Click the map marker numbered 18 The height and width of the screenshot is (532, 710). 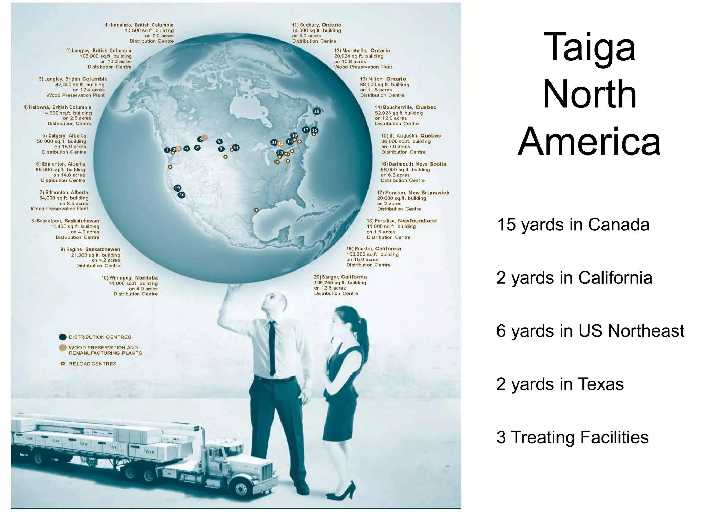coord(317,111)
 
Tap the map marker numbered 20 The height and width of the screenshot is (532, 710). coord(182,195)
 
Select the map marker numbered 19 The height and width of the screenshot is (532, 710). coord(177,188)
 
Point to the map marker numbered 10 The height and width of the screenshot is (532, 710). coord(235,148)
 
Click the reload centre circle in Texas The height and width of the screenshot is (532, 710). coord(256,210)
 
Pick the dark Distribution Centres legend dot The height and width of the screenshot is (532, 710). coord(63,337)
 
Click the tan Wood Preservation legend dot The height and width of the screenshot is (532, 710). coord(63,348)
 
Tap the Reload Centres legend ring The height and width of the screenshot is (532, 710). coord(63,364)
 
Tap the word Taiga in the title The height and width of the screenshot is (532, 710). coord(589,47)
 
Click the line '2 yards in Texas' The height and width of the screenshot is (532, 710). coord(560,384)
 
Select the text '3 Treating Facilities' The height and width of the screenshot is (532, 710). coord(572,437)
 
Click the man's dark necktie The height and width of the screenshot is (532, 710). coord(272,346)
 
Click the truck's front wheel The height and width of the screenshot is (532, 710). coord(240,487)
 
